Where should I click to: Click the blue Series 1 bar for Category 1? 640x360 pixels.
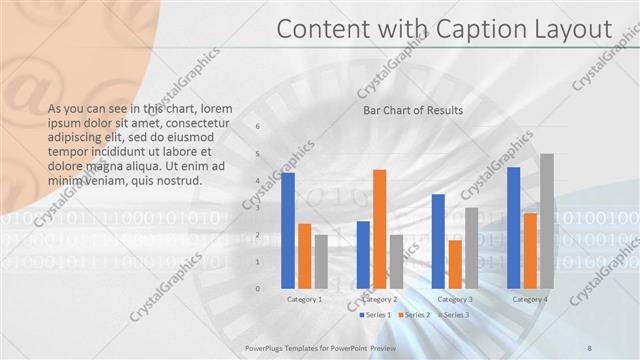[x=288, y=231]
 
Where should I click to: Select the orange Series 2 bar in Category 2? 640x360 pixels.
[x=379, y=229]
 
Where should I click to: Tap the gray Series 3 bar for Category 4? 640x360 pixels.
[x=546, y=221]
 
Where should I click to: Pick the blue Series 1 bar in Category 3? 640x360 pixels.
[x=438, y=241]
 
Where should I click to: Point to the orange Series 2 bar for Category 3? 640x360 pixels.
[x=455, y=264]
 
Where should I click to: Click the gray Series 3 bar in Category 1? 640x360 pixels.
[x=321, y=262]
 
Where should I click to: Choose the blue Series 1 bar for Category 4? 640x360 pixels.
[x=514, y=228]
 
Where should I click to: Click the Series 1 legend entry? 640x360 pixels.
[x=377, y=315]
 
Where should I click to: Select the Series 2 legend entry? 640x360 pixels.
[x=417, y=315]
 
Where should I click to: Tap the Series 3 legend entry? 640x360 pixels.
[x=456, y=315]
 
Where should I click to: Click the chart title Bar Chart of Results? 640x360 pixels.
[x=412, y=110]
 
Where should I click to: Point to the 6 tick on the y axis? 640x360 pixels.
[x=258, y=127]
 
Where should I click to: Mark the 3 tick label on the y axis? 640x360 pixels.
[x=258, y=208]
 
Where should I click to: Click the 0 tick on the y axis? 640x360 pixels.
[x=258, y=289]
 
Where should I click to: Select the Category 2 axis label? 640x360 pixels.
[x=379, y=299]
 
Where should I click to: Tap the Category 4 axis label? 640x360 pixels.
[x=530, y=299]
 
